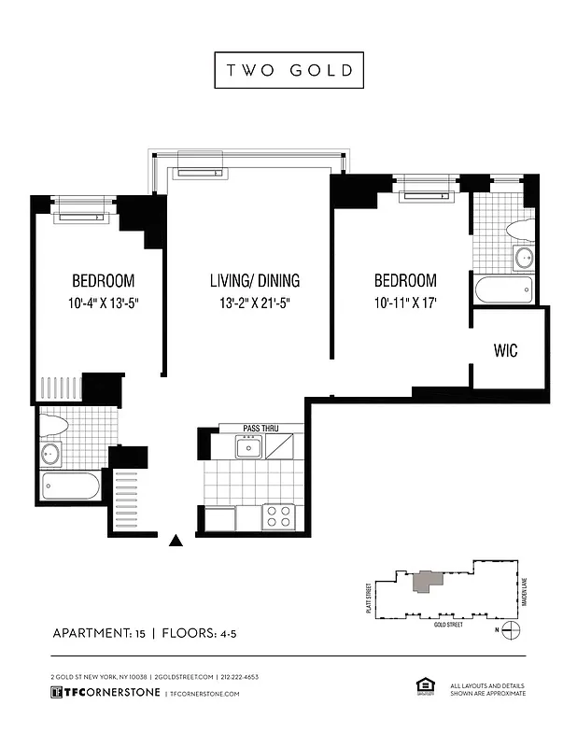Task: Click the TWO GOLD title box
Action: pos(288,71)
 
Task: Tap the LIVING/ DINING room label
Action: pos(255,280)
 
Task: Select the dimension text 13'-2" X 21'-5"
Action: pos(255,303)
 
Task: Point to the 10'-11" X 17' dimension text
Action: pos(404,303)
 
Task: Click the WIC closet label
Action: pos(505,351)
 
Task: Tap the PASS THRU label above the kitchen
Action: pos(260,429)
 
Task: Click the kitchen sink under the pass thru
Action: pos(248,448)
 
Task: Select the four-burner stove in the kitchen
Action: pos(278,516)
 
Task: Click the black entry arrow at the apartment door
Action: pos(176,539)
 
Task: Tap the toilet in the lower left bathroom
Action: pos(54,426)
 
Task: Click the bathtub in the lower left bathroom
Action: pos(71,486)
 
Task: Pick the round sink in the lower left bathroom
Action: pos(50,455)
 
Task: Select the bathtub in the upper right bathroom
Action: pos(503,289)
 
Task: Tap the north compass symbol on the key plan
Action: pos(509,630)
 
